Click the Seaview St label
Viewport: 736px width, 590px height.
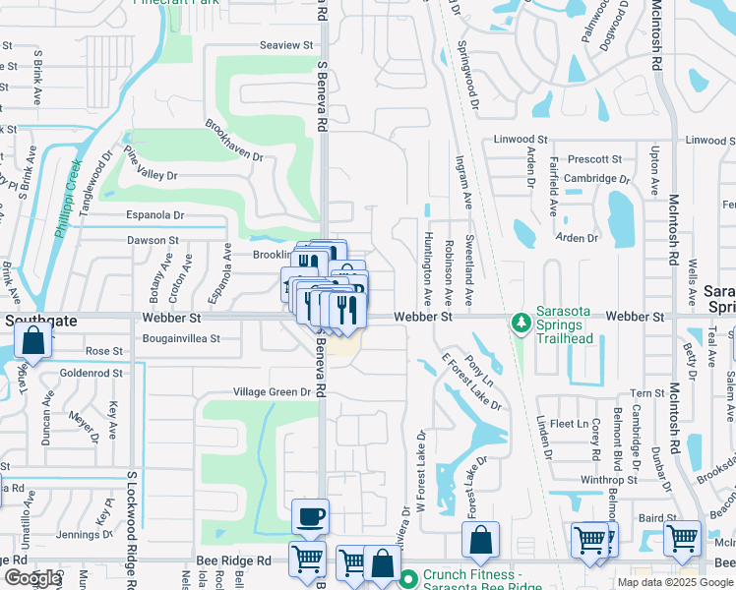tap(285, 45)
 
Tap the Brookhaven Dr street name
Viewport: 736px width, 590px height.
tap(234, 141)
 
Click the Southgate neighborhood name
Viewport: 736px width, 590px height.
tap(33, 320)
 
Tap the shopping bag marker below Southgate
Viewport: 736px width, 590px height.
tap(33, 342)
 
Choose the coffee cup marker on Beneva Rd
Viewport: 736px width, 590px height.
tap(310, 516)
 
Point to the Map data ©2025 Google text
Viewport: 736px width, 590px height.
tap(675, 582)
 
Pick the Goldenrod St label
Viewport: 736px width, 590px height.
tap(91, 374)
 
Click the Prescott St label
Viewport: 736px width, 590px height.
tap(594, 158)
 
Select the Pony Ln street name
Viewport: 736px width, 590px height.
tap(479, 370)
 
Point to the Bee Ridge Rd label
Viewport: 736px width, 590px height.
tap(233, 560)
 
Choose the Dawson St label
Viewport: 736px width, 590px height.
tap(153, 240)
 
